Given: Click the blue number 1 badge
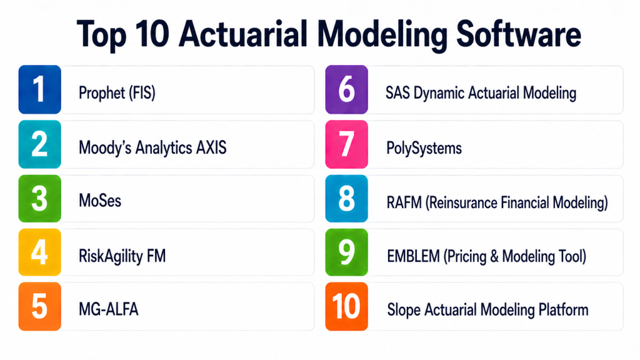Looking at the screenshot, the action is (39, 89).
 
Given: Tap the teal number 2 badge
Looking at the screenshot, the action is (39, 144).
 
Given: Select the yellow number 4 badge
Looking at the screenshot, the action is (39, 252).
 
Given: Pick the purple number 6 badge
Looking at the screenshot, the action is (346, 89).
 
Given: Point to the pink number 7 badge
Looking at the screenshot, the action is (346, 144).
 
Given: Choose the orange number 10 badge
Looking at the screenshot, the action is (346, 306).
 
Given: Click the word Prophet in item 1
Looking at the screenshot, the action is (102, 93).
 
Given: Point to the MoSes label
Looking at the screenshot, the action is (100, 201).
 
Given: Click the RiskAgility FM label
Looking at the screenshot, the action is (122, 256).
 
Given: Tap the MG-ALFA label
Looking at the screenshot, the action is (109, 309).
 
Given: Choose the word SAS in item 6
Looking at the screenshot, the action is (397, 93).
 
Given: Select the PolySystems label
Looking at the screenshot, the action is (424, 148).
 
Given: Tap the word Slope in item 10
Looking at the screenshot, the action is (404, 310).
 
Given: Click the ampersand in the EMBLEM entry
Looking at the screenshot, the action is (494, 256).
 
